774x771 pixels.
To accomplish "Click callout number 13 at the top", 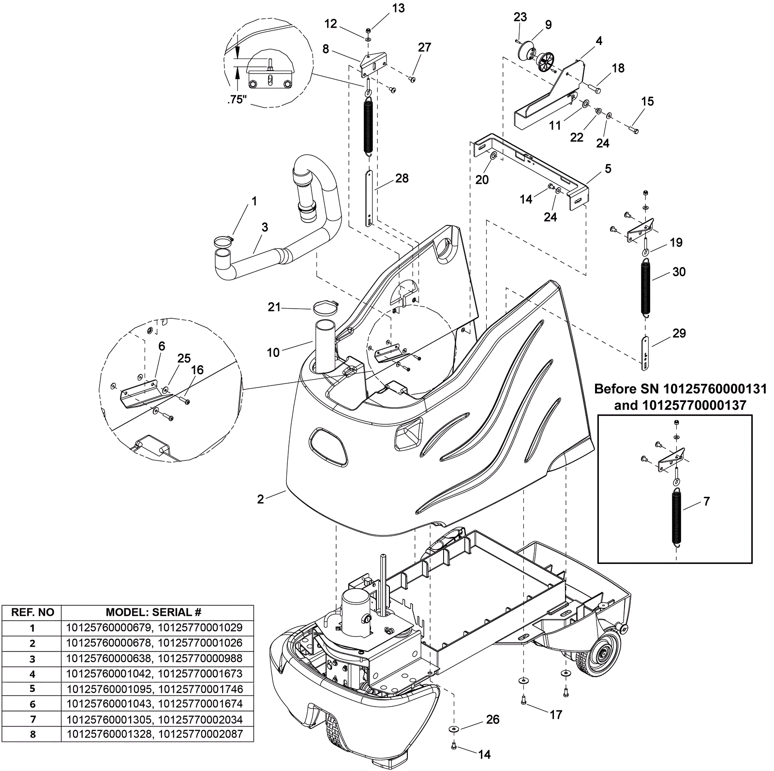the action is (x=399, y=8).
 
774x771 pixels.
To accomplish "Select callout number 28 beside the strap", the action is (x=402, y=178).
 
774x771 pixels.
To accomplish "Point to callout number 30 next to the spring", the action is (x=679, y=272).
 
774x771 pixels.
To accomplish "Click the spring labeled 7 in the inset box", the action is (x=677, y=517).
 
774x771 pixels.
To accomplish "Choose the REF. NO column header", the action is (x=33, y=612).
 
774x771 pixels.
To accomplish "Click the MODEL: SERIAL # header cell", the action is (x=153, y=612).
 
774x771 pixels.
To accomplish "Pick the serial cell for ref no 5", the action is (x=154, y=689).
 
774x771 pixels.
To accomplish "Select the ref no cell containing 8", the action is (x=33, y=734).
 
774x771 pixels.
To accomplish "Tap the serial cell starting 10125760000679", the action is (x=154, y=628).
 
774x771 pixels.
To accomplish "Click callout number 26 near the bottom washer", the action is (x=492, y=720).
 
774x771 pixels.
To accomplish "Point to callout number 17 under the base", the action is (x=556, y=714).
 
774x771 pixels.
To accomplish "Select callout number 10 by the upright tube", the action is (x=273, y=353).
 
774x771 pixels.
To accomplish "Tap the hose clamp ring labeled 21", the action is (x=325, y=307).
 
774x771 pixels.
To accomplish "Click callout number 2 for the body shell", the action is (x=260, y=499).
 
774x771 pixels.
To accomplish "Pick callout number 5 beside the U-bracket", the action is (x=608, y=169).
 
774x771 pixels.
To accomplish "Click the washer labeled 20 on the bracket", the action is (x=493, y=156).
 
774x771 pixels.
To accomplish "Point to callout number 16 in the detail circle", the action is (x=197, y=370).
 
